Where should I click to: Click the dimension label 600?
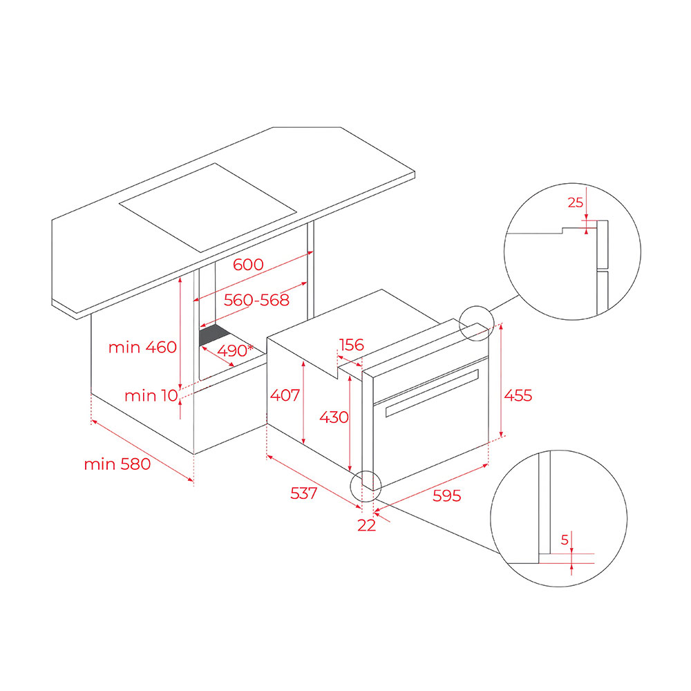248,265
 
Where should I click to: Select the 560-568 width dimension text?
256,300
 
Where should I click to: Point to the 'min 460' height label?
142,348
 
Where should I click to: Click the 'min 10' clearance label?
151,396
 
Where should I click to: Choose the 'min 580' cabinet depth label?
117,464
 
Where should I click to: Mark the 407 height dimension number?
285,395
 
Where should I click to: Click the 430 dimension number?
334,417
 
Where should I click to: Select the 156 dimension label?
352,345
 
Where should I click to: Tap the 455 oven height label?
518,395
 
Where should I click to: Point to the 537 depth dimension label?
303,493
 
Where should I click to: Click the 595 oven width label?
446,495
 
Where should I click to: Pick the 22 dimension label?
367,525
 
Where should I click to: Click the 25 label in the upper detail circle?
575,202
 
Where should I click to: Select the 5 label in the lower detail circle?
565,540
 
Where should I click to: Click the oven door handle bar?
432,392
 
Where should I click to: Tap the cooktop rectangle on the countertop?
208,207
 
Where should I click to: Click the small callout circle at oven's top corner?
476,323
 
